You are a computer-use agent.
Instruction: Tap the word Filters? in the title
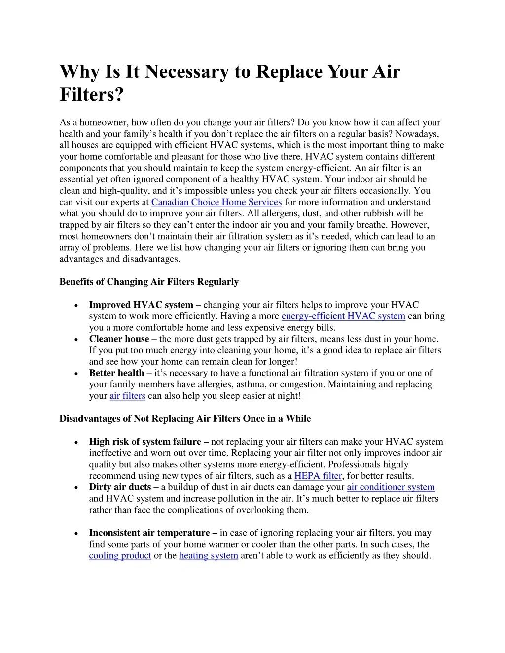pyautogui.click(x=91, y=94)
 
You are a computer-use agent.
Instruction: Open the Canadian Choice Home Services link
pyautogui.click(x=216, y=202)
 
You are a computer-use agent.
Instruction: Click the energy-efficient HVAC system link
pyautogui.click(x=343, y=316)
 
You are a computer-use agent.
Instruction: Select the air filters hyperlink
pyautogui.click(x=127, y=396)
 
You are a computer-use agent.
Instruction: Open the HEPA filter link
pyautogui.click(x=318, y=476)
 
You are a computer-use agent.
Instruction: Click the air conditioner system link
pyautogui.click(x=391, y=487)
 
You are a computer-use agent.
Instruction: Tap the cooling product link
pyautogui.click(x=120, y=556)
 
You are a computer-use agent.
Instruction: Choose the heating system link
pyautogui.click(x=209, y=556)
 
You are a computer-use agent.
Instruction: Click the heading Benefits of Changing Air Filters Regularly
pyautogui.click(x=149, y=282)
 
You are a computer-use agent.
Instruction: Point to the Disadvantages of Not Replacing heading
pyautogui.click(x=185, y=419)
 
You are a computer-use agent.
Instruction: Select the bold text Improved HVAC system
pyautogui.click(x=141, y=305)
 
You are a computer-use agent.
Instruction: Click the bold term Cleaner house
pyautogui.click(x=119, y=339)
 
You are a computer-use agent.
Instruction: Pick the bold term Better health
pyautogui.click(x=116, y=373)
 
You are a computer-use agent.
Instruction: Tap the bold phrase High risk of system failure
pyautogui.click(x=145, y=442)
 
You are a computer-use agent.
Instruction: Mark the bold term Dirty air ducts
pyautogui.click(x=120, y=487)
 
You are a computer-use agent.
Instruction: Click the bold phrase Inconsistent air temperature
pyautogui.click(x=149, y=533)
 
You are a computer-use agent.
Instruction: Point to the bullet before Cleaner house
pyautogui.click(x=75, y=340)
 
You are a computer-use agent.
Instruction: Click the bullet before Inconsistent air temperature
pyautogui.click(x=75, y=534)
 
